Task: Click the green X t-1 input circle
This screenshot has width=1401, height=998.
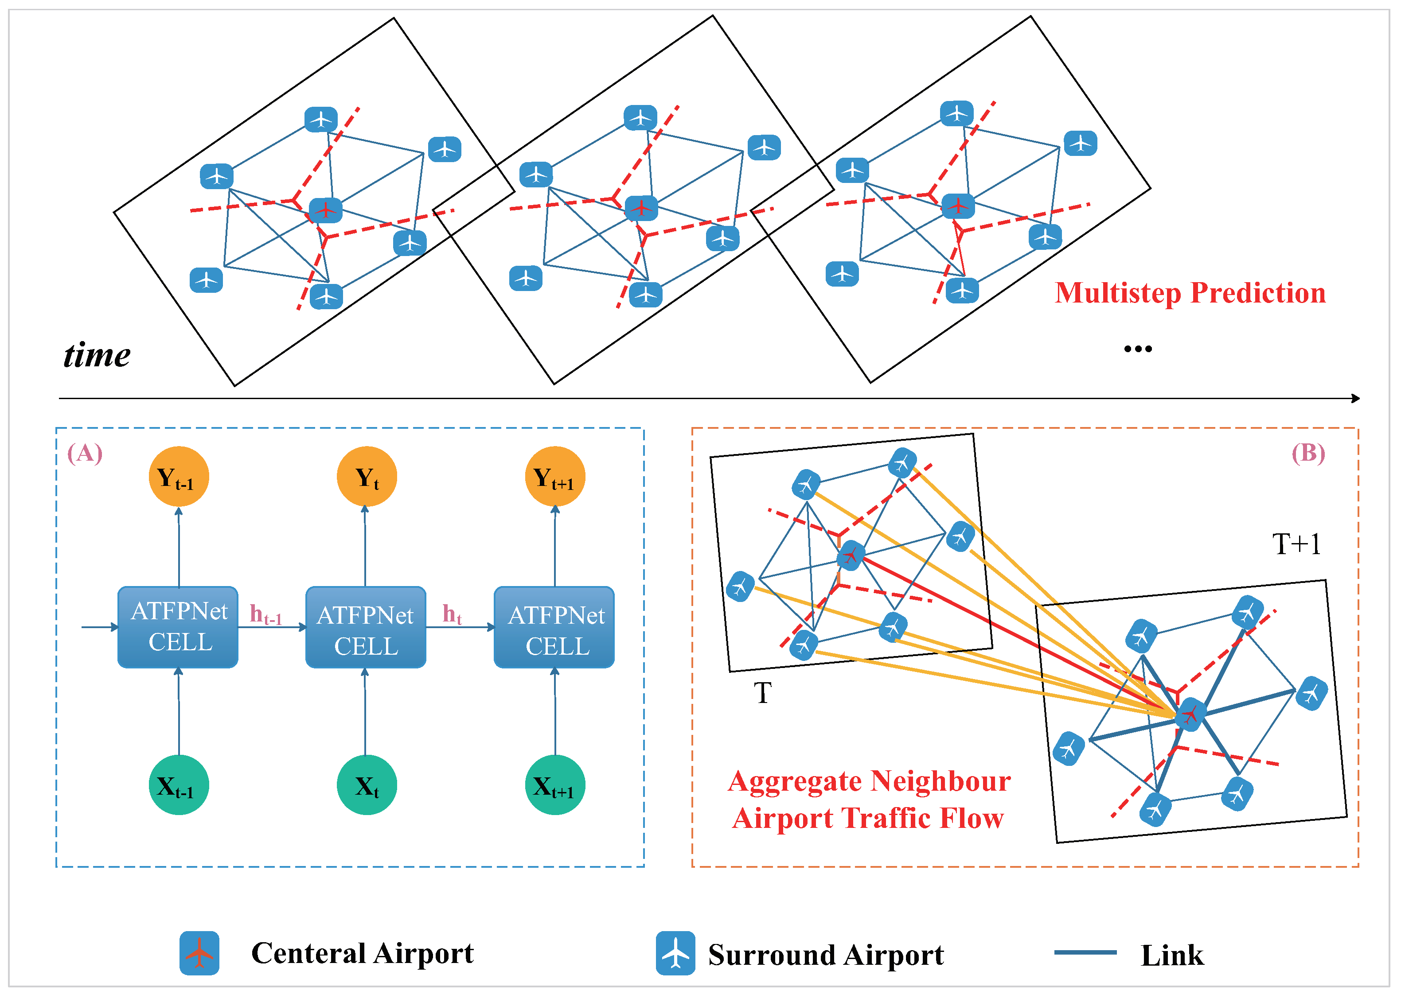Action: [179, 785]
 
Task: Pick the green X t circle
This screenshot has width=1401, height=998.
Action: [367, 785]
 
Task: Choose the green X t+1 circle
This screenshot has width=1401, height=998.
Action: [555, 785]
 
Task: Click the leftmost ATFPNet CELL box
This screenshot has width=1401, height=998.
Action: [178, 627]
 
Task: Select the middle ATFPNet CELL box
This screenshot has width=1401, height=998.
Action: [366, 627]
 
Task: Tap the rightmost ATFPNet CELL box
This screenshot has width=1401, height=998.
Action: [554, 627]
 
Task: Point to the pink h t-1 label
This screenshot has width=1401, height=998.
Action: [265, 614]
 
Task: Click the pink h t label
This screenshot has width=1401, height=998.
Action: [452, 614]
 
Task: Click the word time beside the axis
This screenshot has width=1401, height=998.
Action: [97, 355]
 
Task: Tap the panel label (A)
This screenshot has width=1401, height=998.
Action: [85, 454]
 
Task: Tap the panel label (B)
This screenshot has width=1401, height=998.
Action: [1308, 454]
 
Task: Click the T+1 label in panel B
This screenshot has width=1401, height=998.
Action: [1296, 544]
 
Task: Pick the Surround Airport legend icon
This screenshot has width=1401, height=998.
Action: [675, 953]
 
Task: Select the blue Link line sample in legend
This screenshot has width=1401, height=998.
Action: [1085, 952]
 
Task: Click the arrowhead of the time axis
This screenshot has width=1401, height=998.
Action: [1355, 399]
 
